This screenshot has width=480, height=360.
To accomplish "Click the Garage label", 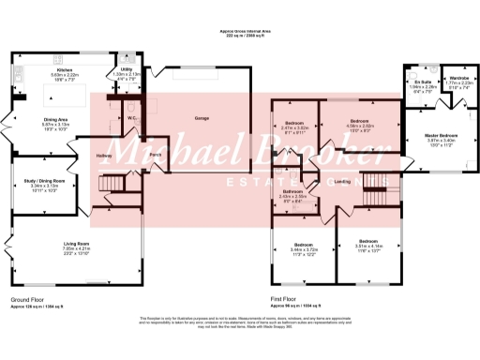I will tap(201, 118).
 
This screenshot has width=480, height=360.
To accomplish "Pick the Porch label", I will tap(155, 153).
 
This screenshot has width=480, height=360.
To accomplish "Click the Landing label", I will tap(343, 182).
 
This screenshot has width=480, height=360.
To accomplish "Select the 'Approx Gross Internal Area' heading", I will tap(239, 31).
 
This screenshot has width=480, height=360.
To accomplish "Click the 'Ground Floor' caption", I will tap(29, 300).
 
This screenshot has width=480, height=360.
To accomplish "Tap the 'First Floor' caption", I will tap(286, 300).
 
